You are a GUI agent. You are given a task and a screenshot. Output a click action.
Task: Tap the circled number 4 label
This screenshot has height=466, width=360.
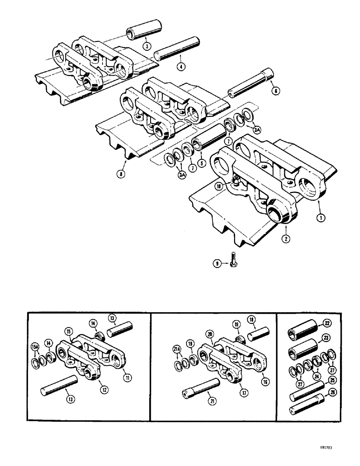tap(181, 66)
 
